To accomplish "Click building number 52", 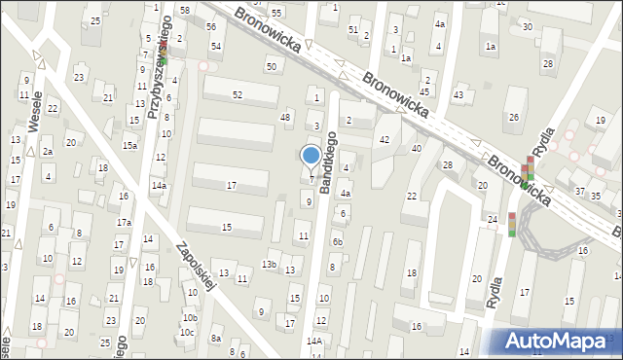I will tap(238, 94).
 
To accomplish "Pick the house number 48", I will tap(285, 118).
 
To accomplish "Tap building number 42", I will tap(385, 140).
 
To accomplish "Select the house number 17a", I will tap(124, 223).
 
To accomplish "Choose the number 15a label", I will tap(129, 145).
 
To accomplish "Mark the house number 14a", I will tap(158, 185).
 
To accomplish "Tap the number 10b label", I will tap(191, 318).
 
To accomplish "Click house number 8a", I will tap(217, 339).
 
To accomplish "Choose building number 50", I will tap(271, 66).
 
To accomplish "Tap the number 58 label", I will tap(184, 9).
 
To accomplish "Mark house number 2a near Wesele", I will tap(46, 152).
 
